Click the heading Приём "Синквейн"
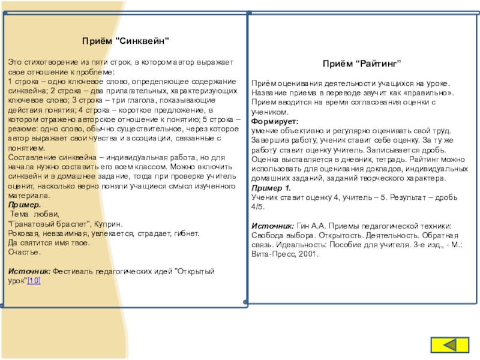(x=126, y=41)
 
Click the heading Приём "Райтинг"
(x=362, y=63)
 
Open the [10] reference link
(x=34, y=281)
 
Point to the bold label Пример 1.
(x=271, y=188)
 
